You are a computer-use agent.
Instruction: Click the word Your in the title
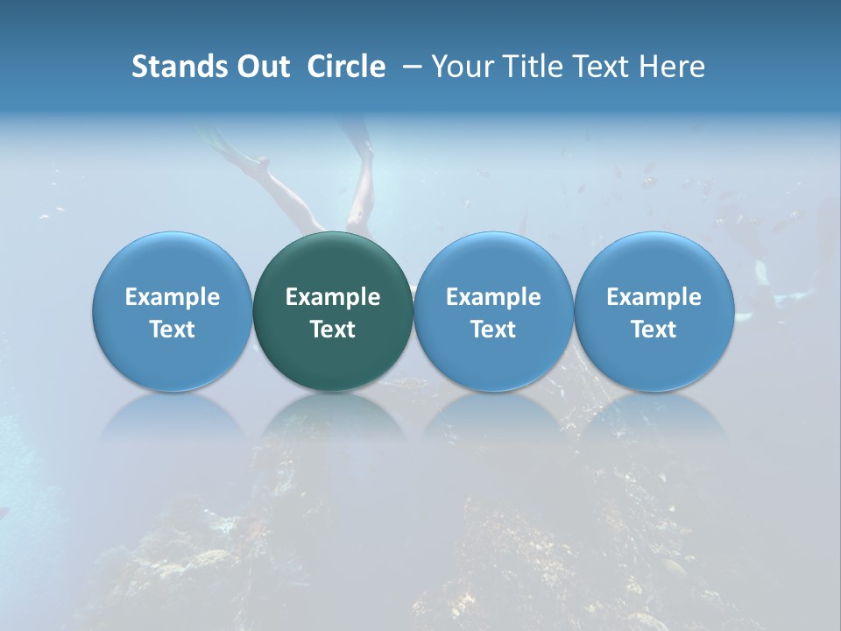(x=459, y=67)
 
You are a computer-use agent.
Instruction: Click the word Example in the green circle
(x=333, y=297)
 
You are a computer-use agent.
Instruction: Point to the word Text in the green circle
(x=333, y=330)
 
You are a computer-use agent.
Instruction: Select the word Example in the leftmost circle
(x=173, y=297)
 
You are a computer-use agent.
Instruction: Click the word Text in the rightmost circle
(x=654, y=330)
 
